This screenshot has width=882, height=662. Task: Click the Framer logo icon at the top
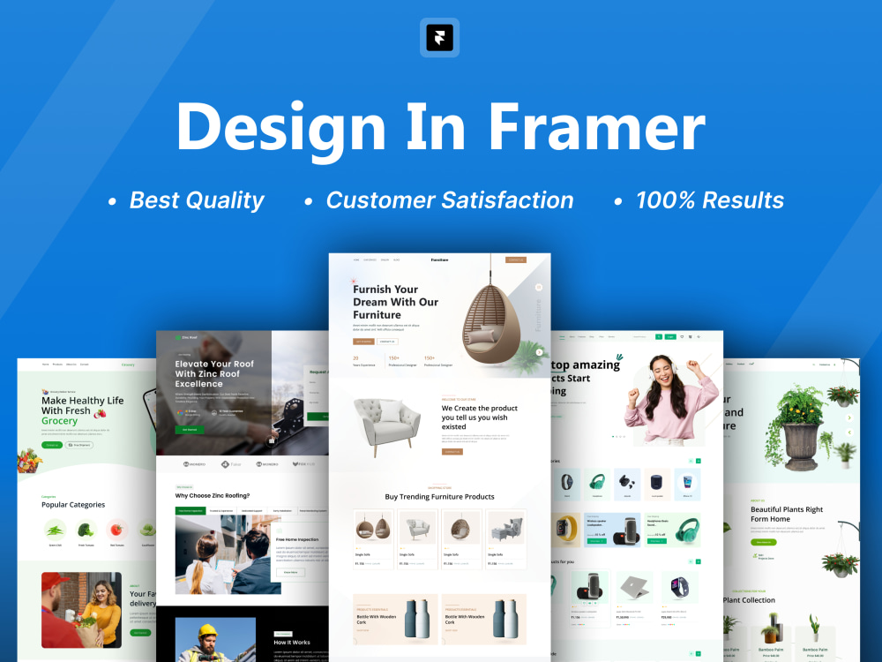tap(439, 37)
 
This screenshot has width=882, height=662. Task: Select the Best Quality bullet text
tap(196, 200)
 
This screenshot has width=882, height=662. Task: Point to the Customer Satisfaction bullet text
tap(449, 200)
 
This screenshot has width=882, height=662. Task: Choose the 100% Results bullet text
tap(709, 200)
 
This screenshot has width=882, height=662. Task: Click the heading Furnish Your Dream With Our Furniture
tap(395, 301)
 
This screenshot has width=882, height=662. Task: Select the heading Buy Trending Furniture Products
tap(439, 497)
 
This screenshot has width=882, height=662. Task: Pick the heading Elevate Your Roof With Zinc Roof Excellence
tap(214, 373)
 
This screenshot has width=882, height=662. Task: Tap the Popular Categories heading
tap(73, 505)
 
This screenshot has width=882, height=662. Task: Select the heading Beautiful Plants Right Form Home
tap(787, 514)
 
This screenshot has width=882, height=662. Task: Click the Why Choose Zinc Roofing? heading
tap(212, 496)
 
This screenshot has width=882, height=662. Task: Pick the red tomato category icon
tap(116, 530)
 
